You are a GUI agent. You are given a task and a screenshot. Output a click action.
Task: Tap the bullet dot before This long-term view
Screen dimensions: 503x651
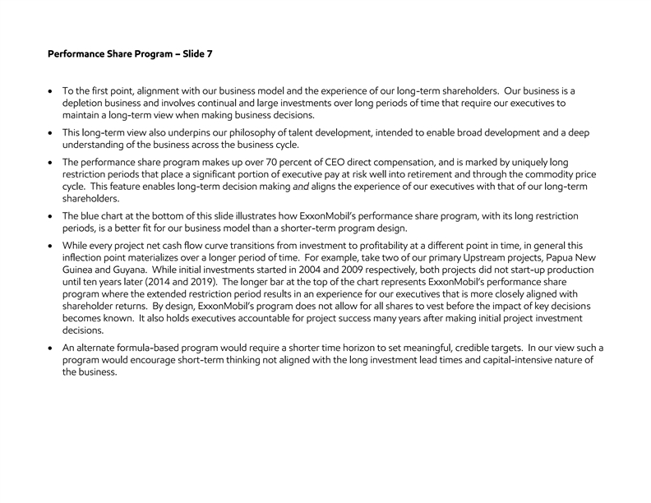pyautogui.click(x=53, y=134)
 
